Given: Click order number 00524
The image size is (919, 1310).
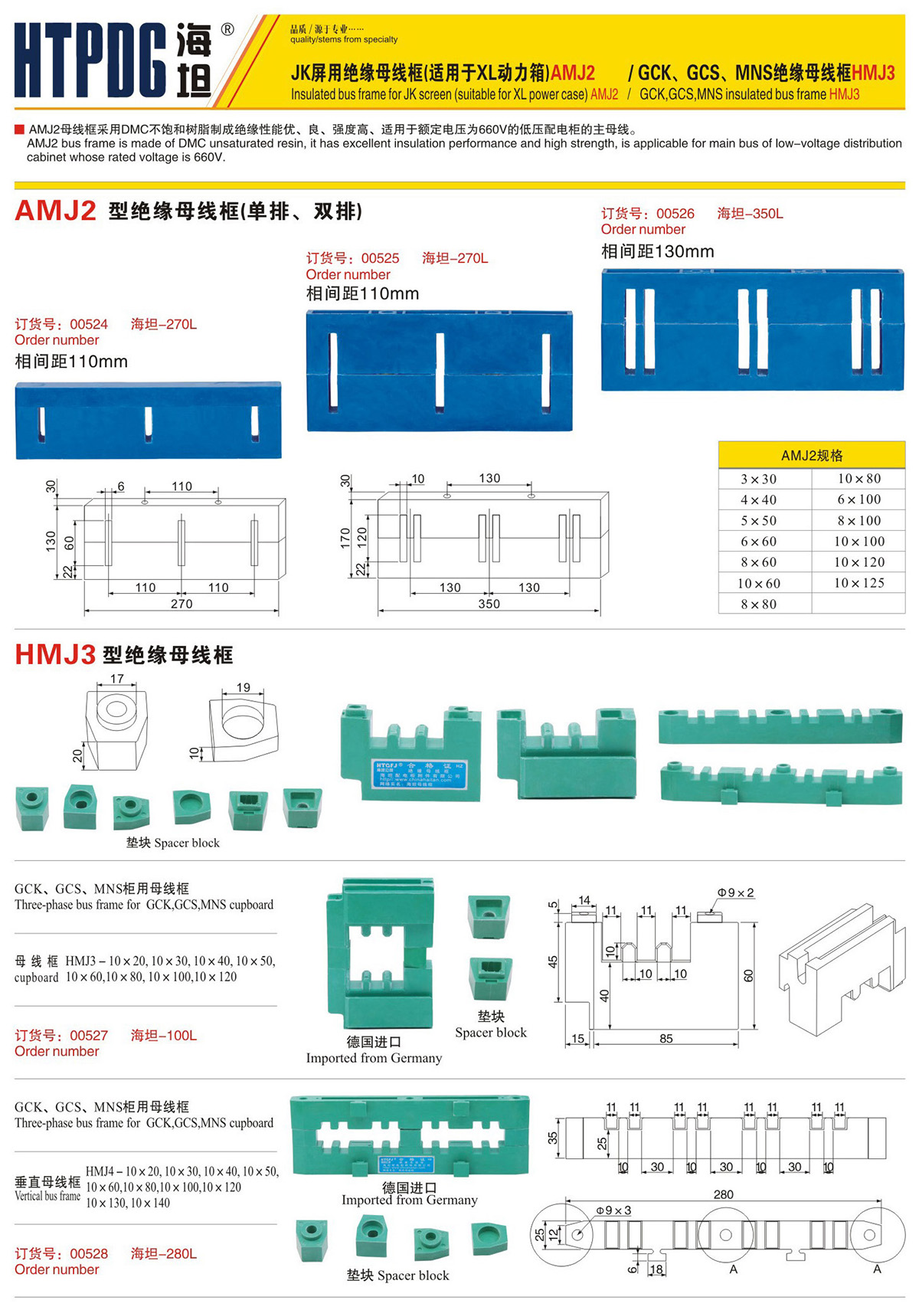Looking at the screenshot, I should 89,324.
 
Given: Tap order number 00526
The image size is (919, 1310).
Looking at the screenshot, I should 675,214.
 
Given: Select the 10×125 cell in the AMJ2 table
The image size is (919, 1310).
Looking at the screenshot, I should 858,583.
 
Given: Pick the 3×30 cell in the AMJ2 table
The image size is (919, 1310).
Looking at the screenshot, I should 758,479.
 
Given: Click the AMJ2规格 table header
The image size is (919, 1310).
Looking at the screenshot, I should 812,455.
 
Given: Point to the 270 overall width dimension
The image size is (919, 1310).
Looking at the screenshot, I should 182,604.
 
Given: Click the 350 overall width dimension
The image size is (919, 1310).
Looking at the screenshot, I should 489,604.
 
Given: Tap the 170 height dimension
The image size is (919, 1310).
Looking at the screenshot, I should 345,537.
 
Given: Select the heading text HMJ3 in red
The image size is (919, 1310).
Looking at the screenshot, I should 55,655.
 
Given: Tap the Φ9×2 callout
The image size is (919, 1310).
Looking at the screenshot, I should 735,892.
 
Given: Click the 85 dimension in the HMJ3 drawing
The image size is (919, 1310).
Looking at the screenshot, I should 666,1039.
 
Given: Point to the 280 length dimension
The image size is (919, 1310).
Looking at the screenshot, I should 723,1194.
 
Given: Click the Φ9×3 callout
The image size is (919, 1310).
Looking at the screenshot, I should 613,1210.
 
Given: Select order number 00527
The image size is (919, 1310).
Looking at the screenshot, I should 89,1036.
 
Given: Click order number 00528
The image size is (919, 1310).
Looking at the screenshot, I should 89,1254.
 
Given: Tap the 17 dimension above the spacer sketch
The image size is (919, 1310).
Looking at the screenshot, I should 116,679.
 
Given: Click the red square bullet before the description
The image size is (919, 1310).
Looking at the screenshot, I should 20,129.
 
